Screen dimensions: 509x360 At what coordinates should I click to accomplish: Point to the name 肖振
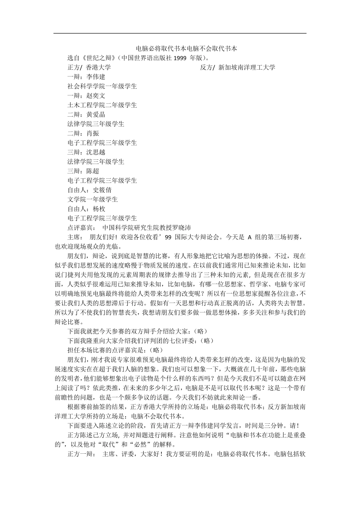[x=92, y=133]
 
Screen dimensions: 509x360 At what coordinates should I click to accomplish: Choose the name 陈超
[x=92, y=171]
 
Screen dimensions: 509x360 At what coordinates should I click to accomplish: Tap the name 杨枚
[x=99, y=209]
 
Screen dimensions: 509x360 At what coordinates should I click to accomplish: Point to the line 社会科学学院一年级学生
[x=102, y=86]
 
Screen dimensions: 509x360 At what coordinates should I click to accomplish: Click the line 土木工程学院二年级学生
[x=102, y=105]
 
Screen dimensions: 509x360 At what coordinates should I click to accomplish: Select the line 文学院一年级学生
[x=93, y=200]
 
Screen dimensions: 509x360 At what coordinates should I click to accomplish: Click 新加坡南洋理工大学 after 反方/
[x=247, y=68]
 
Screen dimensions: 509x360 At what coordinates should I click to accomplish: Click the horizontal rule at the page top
[x=180, y=33]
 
